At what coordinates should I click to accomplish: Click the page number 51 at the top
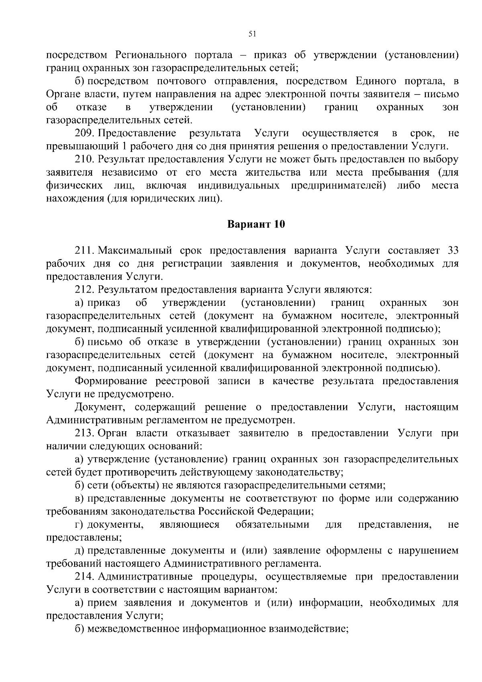coord(252,35)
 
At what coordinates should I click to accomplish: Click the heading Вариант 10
coord(256,224)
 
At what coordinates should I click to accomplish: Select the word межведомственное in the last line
coord(133,629)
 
